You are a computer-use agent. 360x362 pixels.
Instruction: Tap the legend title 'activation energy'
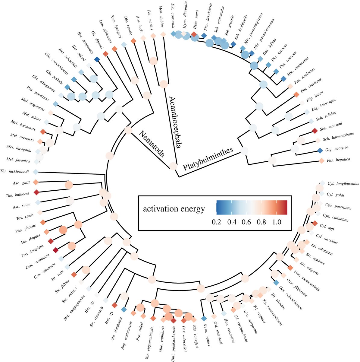pyautogui.click(x=174, y=209)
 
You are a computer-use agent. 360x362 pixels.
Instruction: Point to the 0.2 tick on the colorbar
pyautogui.click(x=217, y=222)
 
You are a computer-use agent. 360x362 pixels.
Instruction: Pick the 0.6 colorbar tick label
pyautogui.click(x=246, y=222)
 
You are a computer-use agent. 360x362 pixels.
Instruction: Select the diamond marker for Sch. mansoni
pyautogui.click(x=315, y=131)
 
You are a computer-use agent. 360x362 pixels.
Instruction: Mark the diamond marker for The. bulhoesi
pyautogui.click(x=36, y=192)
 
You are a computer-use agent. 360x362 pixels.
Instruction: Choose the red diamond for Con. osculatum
pyautogui.click(x=55, y=250)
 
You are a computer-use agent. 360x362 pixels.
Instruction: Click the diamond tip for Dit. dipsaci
pyautogui.click(x=97, y=59)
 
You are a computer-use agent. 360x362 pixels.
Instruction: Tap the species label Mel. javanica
pyautogui.click(x=19, y=161)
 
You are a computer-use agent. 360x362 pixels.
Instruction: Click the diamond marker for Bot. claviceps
pyautogui.click(x=296, y=95)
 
